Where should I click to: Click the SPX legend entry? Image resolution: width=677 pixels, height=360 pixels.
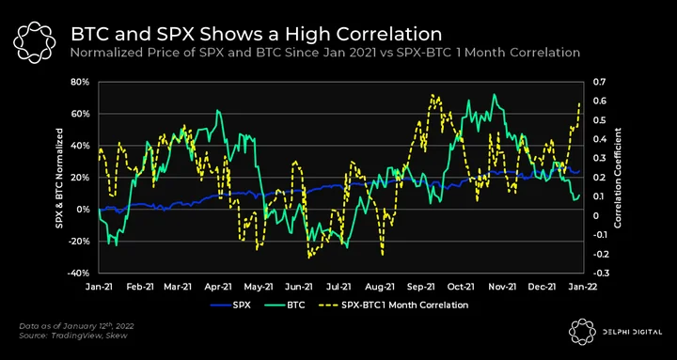click(230, 305)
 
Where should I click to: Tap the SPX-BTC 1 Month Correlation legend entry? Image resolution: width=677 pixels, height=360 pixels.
click(393, 305)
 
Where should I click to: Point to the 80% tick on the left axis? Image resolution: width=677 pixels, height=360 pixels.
click(81, 82)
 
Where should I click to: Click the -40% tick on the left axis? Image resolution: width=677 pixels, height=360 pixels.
click(80, 274)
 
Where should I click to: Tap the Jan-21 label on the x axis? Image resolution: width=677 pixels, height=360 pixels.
click(100, 287)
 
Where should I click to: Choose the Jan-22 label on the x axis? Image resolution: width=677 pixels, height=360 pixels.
click(585, 287)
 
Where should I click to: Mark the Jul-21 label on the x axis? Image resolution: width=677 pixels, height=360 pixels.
click(342, 287)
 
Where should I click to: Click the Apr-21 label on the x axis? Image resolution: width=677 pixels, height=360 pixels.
click(220, 287)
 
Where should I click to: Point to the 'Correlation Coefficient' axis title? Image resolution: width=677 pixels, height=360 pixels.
click(618, 178)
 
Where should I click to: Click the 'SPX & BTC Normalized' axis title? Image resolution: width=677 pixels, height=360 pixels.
click(59, 178)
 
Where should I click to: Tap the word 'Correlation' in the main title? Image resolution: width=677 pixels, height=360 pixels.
click(391, 35)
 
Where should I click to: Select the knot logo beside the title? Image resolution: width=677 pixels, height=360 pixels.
click(34, 41)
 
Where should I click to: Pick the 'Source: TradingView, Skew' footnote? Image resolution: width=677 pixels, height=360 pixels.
click(73, 336)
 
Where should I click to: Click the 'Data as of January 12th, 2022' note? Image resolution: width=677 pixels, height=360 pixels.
click(79, 326)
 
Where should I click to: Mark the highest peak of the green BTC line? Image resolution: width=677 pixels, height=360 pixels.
click(495, 94)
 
